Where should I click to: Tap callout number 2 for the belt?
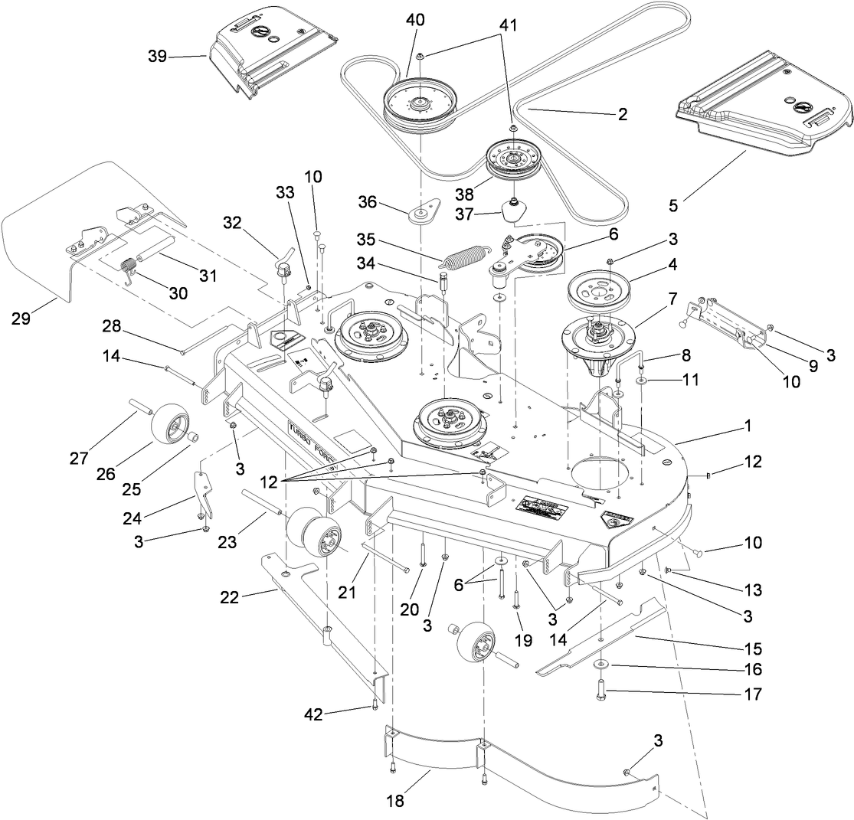(x=621, y=114)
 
